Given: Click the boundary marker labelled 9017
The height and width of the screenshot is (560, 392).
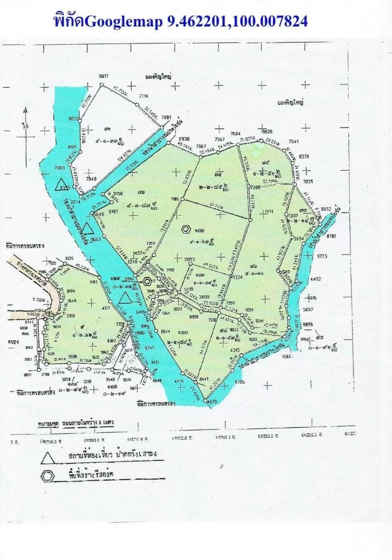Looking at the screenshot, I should (x=104, y=76).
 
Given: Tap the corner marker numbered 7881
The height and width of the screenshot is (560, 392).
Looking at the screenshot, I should (x=166, y=118).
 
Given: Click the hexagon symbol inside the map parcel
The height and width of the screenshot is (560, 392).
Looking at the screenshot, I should (x=186, y=228).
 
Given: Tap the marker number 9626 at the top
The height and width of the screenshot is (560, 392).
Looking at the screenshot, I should (x=267, y=132).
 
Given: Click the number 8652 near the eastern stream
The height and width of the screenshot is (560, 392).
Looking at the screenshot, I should (x=326, y=209).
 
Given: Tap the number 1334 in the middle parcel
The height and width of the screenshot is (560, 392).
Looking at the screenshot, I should (x=239, y=278).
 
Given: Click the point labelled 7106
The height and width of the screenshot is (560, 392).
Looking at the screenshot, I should (x=175, y=199).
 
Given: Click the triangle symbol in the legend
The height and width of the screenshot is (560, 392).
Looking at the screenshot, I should (x=48, y=457).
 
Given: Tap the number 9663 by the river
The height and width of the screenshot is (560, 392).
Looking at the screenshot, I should (x=95, y=240).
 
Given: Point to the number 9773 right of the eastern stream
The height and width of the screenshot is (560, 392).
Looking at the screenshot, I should (x=323, y=256).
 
